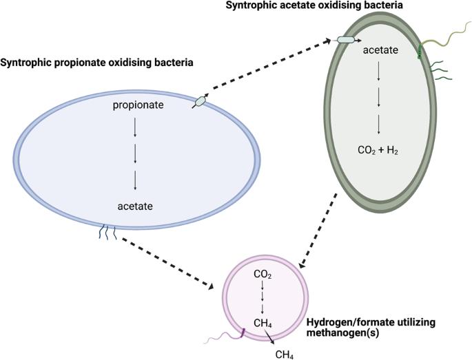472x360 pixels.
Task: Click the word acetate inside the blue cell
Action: point(134,205)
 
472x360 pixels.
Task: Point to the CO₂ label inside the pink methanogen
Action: point(261,274)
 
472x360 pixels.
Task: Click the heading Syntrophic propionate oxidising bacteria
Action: point(97,63)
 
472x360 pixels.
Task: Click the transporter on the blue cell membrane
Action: point(200,101)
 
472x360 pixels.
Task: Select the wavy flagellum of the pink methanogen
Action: point(224,339)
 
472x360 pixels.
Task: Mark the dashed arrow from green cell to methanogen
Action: point(319,231)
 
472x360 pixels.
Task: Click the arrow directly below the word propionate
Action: point(134,127)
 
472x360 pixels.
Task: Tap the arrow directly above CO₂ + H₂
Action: point(379,124)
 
